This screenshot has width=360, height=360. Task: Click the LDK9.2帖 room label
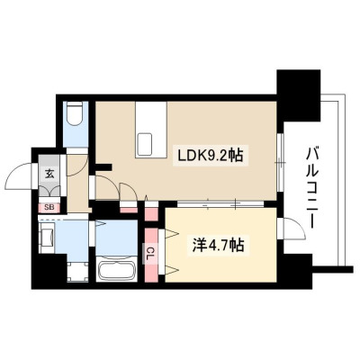[211, 155]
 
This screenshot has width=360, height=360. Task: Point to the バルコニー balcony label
[312, 188]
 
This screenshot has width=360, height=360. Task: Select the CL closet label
[151, 250]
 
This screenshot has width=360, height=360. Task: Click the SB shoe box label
[49, 207]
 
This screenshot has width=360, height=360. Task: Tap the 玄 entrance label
[49, 174]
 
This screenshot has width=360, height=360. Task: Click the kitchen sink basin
[145, 144]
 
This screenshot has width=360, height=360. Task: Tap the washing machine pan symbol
[78, 272]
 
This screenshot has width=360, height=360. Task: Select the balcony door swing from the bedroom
[293, 229]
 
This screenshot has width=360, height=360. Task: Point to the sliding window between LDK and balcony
[280, 163]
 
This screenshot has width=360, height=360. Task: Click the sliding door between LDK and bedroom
[220, 204]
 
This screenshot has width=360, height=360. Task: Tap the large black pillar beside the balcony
[299, 96]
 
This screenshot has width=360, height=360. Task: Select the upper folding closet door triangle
[172, 234]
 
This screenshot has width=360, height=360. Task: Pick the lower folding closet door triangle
[172, 270]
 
